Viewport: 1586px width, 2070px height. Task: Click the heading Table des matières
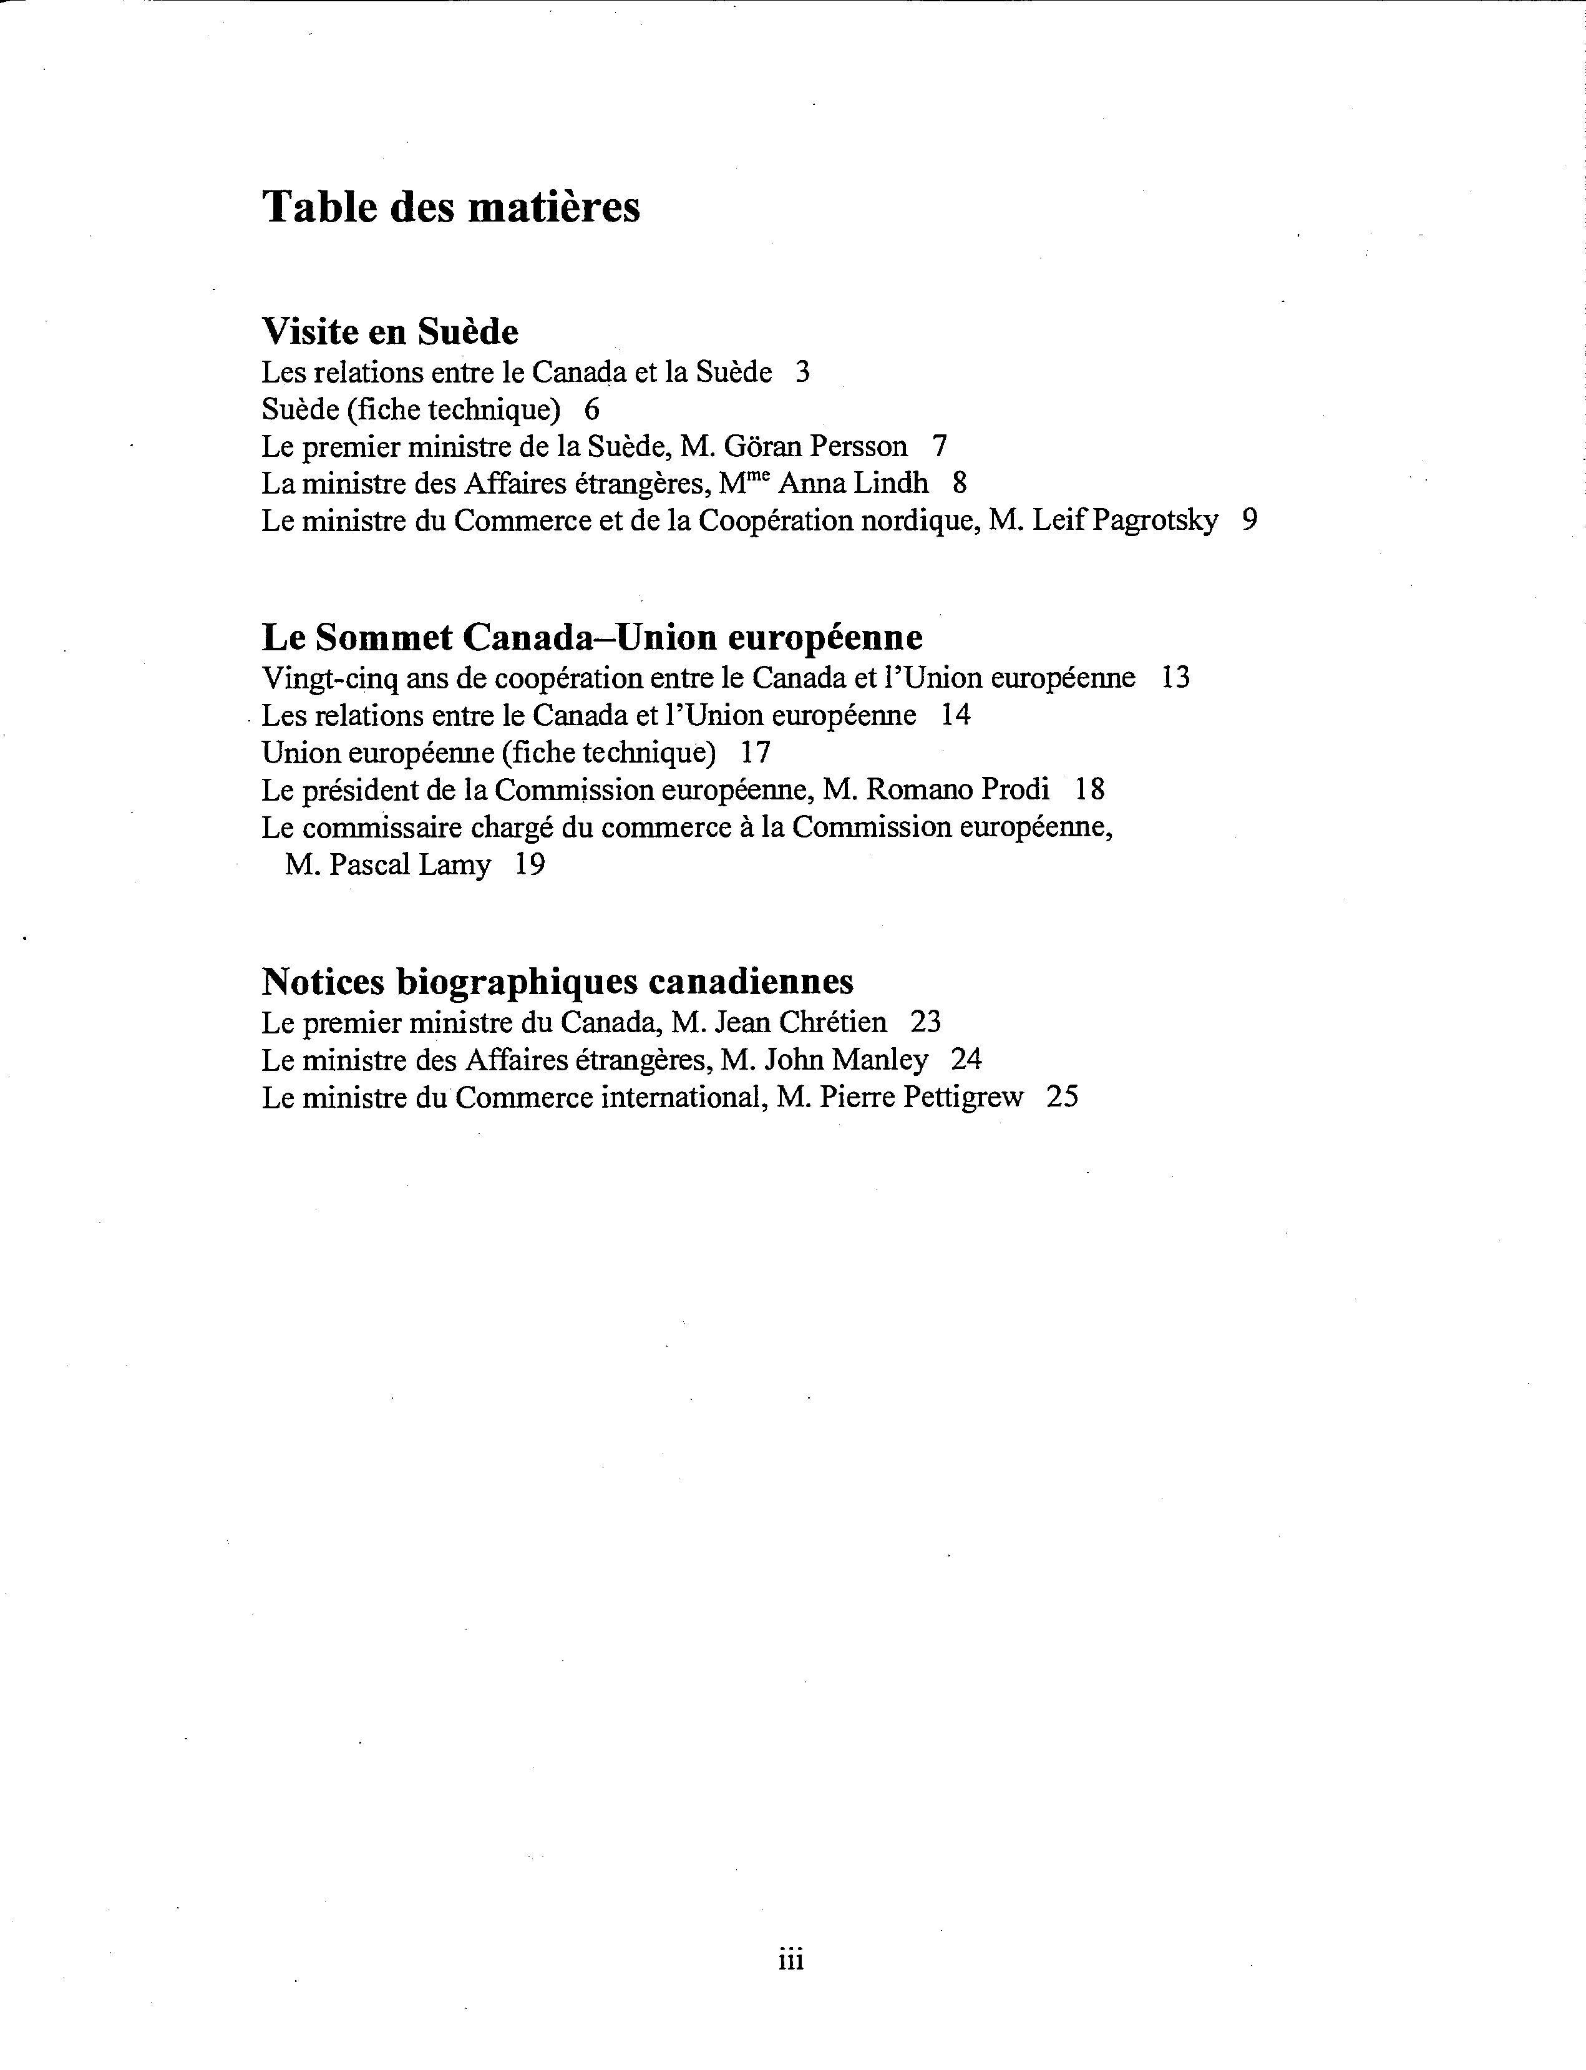(x=450, y=207)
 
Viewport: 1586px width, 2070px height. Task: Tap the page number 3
(x=802, y=372)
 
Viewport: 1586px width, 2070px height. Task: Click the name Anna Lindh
(x=852, y=484)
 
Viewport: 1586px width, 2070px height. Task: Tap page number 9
(x=1250, y=520)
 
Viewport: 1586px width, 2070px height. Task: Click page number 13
(x=1175, y=678)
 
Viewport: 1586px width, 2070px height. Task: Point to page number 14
(x=955, y=715)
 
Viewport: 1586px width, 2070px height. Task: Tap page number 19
(x=530, y=865)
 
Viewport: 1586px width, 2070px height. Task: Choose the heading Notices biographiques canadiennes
(x=557, y=982)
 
